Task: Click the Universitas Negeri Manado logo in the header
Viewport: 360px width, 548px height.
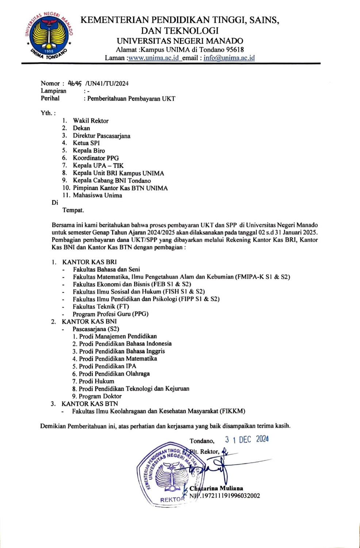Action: pos(49,35)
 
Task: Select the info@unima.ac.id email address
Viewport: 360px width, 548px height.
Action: pos(229,58)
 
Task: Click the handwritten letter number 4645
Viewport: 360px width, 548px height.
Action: pos(75,83)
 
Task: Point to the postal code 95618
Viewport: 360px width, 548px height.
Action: pos(235,50)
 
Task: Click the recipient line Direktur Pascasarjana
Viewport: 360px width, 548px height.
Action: pos(101,136)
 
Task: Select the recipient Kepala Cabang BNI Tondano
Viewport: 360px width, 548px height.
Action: pos(111,180)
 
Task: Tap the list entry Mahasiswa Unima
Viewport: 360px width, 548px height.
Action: pos(97,195)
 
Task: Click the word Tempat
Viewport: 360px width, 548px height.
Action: pos(73,210)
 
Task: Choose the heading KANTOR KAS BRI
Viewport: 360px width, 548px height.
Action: pos(89,262)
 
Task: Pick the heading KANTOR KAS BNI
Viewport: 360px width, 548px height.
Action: pos(89,321)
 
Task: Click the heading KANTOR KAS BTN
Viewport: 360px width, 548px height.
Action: pos(89,404)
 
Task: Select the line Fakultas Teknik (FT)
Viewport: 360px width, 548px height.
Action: pos(101,307)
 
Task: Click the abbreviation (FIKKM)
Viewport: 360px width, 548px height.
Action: pos(232,411)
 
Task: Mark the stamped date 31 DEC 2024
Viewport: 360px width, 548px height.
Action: pos(247,439)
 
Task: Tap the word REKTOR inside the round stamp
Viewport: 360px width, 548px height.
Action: pos(172,499)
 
